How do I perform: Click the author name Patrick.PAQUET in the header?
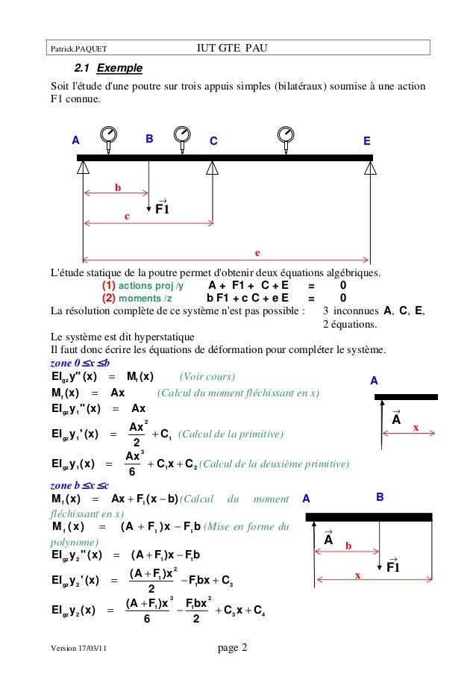(x=78, y=49)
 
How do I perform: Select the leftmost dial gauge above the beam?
(x=109, y=135)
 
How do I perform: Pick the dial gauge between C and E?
(x=284, y=135)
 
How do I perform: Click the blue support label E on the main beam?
(x=366, y=140)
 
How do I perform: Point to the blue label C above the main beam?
(x=213, y=140)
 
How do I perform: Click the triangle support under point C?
(x=213, y=167)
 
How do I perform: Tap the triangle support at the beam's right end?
(x=371, y=167)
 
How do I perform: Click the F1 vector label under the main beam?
(x=162, y=208)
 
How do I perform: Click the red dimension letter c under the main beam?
(x=127, y=216)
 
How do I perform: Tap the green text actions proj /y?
(x=151, y=285)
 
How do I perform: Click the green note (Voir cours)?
(x=208, y=375)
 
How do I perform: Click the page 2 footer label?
(x=233, y=647)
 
